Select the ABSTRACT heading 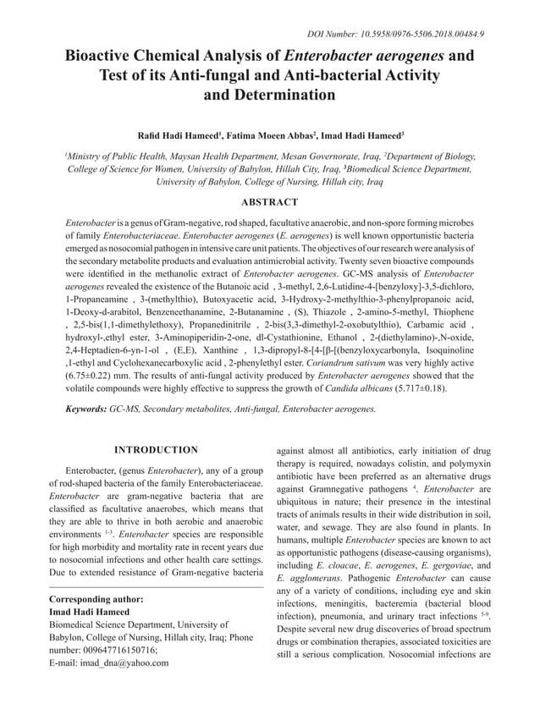point(269,202)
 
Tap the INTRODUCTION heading point(156,449)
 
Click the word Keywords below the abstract point(85,409)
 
